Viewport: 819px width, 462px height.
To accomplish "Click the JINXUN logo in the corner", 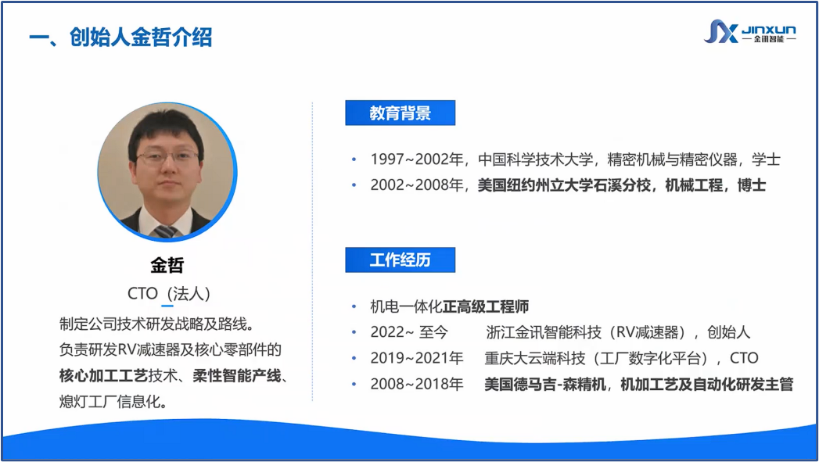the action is [749, 31].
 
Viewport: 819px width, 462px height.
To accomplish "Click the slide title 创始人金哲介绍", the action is [141, 37].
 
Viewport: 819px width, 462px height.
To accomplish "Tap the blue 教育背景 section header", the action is [400, 113].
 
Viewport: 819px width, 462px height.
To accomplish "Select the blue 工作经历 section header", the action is [400, 260].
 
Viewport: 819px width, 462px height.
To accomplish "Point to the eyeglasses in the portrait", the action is [167, 156].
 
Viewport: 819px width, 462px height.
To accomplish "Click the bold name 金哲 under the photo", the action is [167, 265].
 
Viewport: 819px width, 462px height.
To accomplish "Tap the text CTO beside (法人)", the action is [142, 293].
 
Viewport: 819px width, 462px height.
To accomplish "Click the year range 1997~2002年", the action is [417, 159].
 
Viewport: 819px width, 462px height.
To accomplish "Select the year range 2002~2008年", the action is [417, 184].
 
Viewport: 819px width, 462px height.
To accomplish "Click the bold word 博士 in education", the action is [752, 184].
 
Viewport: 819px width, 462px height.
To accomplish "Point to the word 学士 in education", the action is [767, 159].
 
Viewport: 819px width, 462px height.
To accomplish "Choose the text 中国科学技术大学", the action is [535, 159].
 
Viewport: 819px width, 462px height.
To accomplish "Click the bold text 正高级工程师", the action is [486, 306].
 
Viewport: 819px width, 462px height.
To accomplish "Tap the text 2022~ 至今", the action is [409, 332].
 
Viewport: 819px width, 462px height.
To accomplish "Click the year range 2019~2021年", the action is [417, 358].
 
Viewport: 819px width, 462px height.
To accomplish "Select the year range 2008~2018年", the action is [417, 384].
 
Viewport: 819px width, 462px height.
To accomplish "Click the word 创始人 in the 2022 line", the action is [728, 332].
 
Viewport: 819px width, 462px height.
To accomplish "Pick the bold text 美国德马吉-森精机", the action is [544, 384].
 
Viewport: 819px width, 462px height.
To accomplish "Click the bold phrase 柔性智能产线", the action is [237, 375].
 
